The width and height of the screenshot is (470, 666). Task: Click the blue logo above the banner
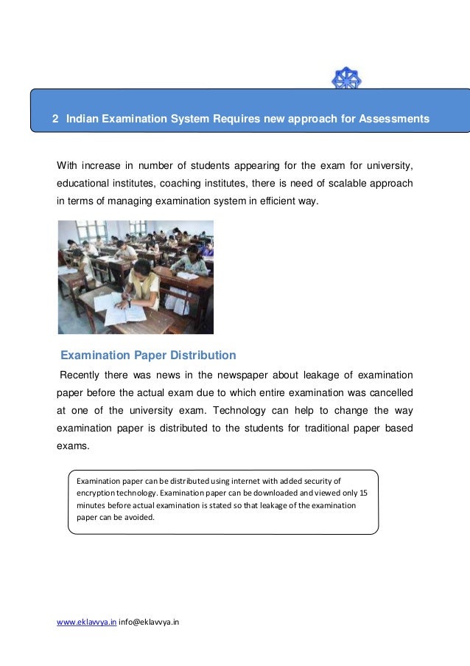[x=346, y=79]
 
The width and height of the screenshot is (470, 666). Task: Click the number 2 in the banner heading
[x=54, y=118]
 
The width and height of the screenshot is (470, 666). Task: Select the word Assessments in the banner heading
[x=393, y=118]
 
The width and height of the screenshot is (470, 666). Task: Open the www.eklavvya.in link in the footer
[x=86, y=622]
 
